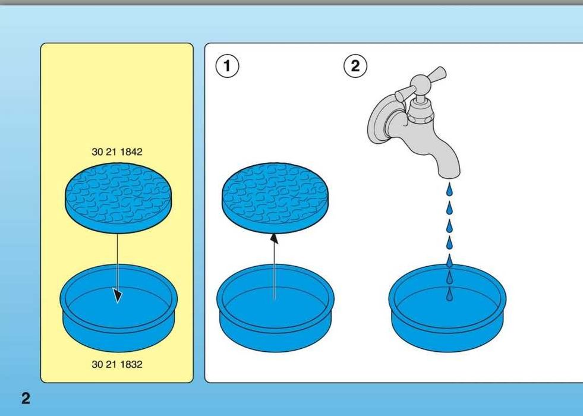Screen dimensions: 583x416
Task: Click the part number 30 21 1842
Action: point(116,152)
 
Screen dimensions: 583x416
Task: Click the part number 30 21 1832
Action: point(116,364)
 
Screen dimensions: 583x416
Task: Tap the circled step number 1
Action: point(227,66)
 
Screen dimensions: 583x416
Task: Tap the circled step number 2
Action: point(355,66)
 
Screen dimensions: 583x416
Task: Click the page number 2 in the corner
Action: point(26,398)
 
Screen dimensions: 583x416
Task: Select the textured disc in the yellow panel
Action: point(118,198)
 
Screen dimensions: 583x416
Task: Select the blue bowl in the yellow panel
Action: point(119,308)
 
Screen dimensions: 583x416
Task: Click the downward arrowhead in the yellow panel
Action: point(118,295)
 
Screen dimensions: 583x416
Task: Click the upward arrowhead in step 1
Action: point(275,238)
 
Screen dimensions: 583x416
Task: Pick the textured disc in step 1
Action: point(275,198)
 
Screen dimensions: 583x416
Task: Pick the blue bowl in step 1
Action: point(276,308)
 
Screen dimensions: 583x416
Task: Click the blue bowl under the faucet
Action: point(448,308)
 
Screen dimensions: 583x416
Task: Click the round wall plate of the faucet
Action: point(380,119)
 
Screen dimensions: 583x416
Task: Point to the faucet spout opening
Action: point(449,175)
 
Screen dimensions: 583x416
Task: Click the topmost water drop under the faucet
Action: point(449,190)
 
